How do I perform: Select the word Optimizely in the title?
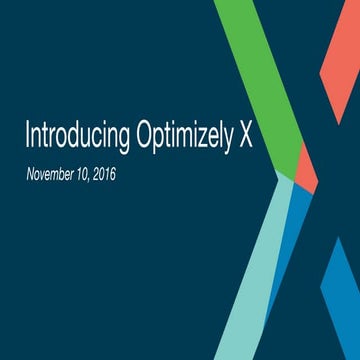(x=186, y=137)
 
